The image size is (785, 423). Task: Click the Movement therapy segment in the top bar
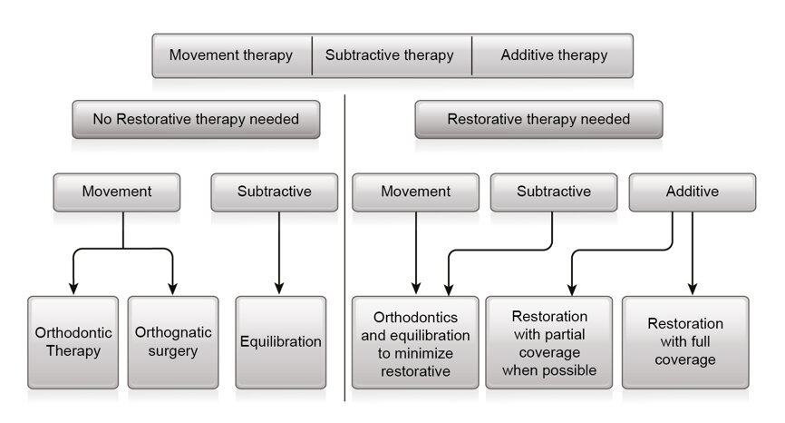pyautogui.click(x=231, y=55)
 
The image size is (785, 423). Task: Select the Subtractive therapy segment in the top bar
pyautogui.click(x=390, y=55)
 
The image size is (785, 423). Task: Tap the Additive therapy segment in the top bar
pyautogui.click(x=553, y=55)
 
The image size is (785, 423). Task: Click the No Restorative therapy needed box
pyautogui.click(x=196, y=119)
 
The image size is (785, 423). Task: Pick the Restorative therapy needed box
pyautogui.click(x=538, y=119)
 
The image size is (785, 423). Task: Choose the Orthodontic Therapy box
pyautogui.click(x=73, y=341)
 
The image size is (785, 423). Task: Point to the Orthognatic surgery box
pyautogui.click(x=172, y=341)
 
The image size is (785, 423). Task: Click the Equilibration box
pyautogui.click(x=280, y=341)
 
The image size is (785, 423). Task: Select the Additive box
pyautogui.click(x=692, y=192)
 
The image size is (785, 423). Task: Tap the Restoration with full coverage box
pyautogui.click(x=685, y=341)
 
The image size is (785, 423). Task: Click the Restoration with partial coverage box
pyautogui.click(x=549, y=341)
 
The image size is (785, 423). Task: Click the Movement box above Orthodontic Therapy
pyautogui.click(x=116, y=192)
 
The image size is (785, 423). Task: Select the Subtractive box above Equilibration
pyautogui.click(x=274, y=192)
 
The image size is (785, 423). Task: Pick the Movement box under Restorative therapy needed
pyautogui.click(x=415, y=192)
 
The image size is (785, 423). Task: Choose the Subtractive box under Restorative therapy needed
pyautogui.click(x=553, y=192)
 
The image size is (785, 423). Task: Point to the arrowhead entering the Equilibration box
pyautogui.click(x=279, y=289)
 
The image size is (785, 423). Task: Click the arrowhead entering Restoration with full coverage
pyautogui.click(x=693, y=289)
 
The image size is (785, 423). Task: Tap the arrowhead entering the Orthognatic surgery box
pyautogui.click(x=172, y=289)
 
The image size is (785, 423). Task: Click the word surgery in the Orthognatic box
pyautogui.click(x=172, y=351)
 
